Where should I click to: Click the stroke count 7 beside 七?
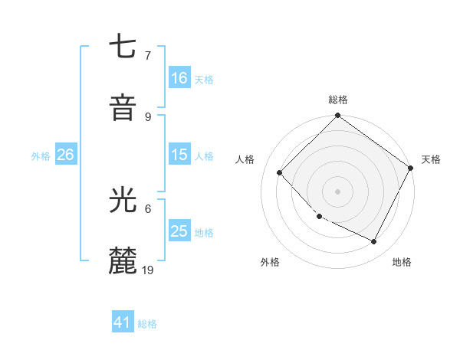click(x=148, y=56)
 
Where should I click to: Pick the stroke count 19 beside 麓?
click(x=149, y=270)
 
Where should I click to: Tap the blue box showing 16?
click(x=179, y=78)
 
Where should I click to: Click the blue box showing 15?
click(x=179, y=155)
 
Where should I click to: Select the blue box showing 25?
click(x=179, y=231)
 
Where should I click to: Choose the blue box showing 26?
click(x=65, y=155)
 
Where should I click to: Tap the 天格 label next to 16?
click(x=203, y=79)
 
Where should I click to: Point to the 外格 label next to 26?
click(x=41, y=155)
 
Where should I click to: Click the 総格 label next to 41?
click(x=147, y=323)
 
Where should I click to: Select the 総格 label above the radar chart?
click(x=338, y=100)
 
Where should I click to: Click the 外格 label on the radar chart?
click(x=270, y=262)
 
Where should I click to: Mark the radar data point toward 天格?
click(x=411, y=168)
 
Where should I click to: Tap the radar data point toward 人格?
click(x=280, y=172)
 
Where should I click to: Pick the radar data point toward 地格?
click(x=374, y=242)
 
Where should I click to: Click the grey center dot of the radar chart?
click(x=337, y=191)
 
